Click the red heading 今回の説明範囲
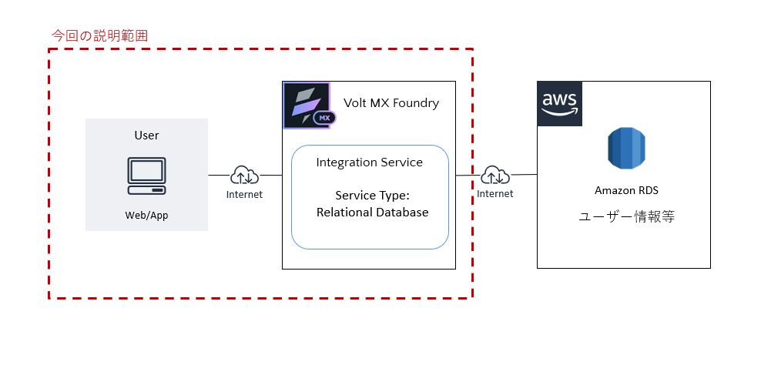[x=99, y=35]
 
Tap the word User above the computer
[x=146, y=136]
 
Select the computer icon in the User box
[x=146, y=177]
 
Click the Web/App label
[x=146, y=216]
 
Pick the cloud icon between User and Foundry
[x=244, y=176]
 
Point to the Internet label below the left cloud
[x=244, y=195]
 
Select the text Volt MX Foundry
[x=391, y=103]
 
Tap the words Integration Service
[x=370, y=162]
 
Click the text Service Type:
[x=372, y=196]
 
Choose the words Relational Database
[x=372, y=213]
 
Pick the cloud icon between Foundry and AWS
[x=494, y=176]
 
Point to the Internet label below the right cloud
[x=494, y=194]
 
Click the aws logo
[x=559, y=103]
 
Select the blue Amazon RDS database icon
[x=625, y=149]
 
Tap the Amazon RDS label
[x=625, y=190]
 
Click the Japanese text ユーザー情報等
[x=626, y=217]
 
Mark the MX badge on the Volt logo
[x=324, y=119]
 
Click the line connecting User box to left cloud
[x=220, y=176]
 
